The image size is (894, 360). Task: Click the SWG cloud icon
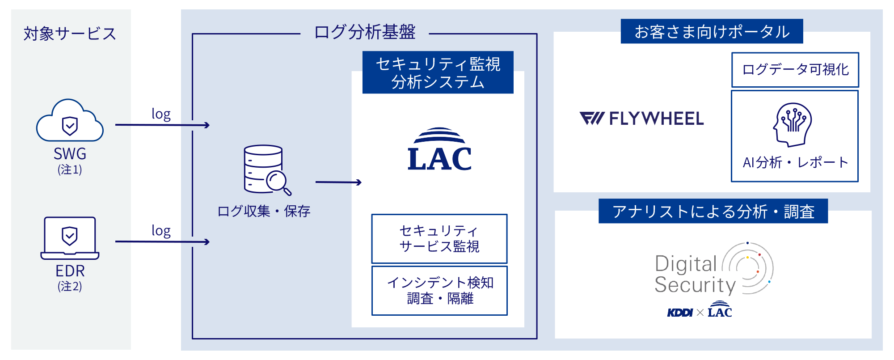click(x=70, y=122)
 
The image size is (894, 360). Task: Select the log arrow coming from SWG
click(x=162, y=125)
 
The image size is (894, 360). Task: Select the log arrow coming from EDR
click(x=162, y=242)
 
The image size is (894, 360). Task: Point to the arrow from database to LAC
click(x=338, y=182)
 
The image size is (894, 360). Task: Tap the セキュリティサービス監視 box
click(x=439, y=239)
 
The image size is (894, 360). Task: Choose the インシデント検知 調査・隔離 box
click(x=439, y=291)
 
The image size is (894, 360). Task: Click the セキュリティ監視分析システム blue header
click(x=438, y=72)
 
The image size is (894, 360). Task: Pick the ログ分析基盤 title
click(x=365, y=33)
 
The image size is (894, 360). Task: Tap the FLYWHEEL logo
click(x=641, y=119)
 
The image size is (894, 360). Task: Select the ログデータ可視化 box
click(x=795, y=70)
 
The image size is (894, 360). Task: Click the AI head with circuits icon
click(x=793, y=125)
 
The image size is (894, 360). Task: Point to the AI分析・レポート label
click(x=795, y=162)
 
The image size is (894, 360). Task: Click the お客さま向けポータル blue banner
click(x=712, y=31)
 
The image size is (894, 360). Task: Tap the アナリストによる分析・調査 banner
click(x=713, y=211)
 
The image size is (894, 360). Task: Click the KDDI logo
click(x=679, y=313)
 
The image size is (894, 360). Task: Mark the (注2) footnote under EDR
click(x=70, y=286)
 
